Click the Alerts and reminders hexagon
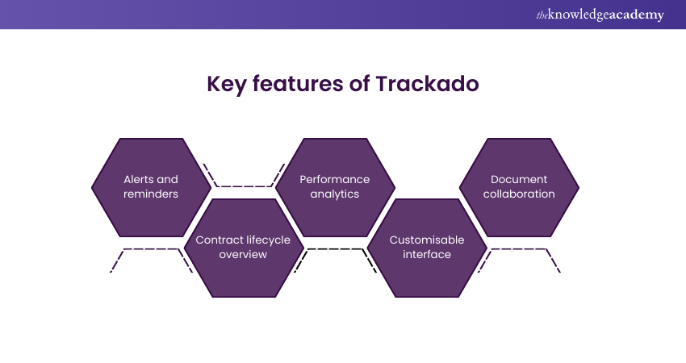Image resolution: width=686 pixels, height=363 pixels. pyautogui.click(x=151, y=186)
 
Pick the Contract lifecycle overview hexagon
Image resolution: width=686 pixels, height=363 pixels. pyautogui.click(x=243, y=247)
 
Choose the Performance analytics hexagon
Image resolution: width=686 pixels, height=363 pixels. pyautogui.click(x=335, y=186)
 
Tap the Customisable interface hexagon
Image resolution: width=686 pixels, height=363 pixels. pyautogui.click(x=426, y=247)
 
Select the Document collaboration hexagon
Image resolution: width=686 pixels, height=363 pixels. pyautogui.click(x=519, y=186)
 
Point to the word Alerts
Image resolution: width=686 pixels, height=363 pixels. pyautogui.click(x=139, y=179)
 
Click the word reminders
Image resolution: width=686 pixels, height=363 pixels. pyautogui.click(x=151, y=194)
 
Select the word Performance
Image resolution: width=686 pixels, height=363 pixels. pyautogui.click(x=335, y=179)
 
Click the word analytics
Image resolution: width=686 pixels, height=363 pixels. pyautogui.click(x=335, y=194)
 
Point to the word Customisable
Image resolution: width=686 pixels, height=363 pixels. pyautogui.click(x=426, y=240)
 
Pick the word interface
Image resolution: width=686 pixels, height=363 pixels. pyautogui.click(x=426, y=254)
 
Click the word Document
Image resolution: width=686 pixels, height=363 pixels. pyautogui.click(x=519, y=179)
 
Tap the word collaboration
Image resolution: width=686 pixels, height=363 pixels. pyautogui.click(x=519, y=194)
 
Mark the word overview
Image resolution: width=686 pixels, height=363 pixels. pyautogui.click(x=243, y=254)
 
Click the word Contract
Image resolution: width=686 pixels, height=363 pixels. pyautogui.click(x=219, y=240)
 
